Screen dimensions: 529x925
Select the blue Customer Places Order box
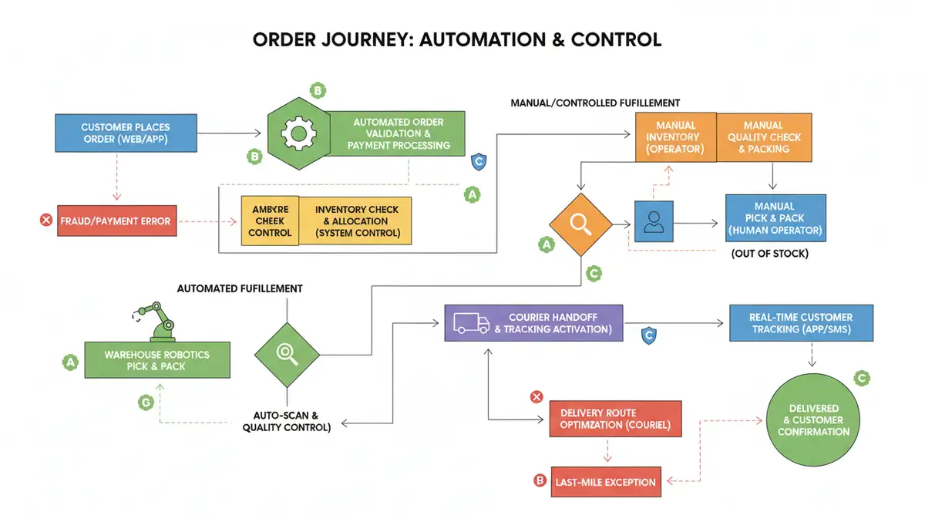click(126, 133)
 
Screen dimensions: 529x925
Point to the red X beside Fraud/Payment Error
click(45, 221)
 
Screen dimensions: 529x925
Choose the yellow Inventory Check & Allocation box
click(357, 221)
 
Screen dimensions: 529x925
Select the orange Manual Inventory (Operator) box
click(675, 137)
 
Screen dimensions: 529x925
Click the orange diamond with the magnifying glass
click(579, 224)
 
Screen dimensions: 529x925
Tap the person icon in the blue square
click(654, 223)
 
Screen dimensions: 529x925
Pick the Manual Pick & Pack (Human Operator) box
click(775, 218)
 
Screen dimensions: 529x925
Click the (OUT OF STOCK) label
click(769, 253)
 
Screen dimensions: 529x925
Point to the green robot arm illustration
click(156, 320)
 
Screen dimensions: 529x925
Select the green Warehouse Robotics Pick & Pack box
click(156, 360)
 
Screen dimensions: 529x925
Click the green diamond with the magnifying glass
click(287, 353)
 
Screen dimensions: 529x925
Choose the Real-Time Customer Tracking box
click(801, 323)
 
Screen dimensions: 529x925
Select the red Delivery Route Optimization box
click(614, 419)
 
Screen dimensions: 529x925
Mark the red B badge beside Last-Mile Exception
click(540, 480)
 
